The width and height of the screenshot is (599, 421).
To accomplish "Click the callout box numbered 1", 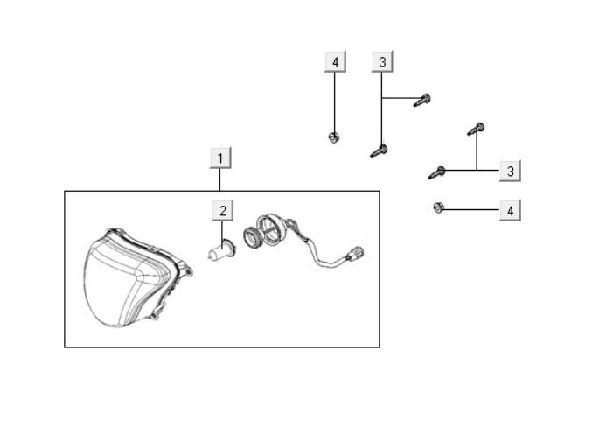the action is (x=220, y=158).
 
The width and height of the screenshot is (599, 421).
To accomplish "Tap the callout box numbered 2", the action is (x=223, y=210).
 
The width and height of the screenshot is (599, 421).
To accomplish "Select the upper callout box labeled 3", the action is (x=382, y=61).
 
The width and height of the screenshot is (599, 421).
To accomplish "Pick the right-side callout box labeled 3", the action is (x=510, y=171).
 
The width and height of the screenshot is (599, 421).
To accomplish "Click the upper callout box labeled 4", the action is (x=336, y=61).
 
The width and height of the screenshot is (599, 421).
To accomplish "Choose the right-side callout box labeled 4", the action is (x=510, y=210).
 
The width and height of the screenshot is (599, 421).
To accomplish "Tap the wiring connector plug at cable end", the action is (x=354, y=254).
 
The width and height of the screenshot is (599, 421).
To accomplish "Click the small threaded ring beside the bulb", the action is (x=252, y=237).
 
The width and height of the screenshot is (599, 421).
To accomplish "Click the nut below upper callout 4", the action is (x=334, y=137).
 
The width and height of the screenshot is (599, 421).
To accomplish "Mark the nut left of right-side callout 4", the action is (x=439, y=207).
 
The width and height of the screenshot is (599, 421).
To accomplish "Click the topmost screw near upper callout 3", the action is (x=422, y=100).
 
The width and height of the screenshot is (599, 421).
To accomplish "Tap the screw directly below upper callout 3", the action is (x=379, y=151).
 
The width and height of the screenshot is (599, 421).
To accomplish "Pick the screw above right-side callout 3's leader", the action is (x=476, y=129).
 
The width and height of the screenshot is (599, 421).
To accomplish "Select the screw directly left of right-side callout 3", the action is (x=437, y=172).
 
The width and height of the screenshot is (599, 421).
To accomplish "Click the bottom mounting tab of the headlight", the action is (x=154, y=316).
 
